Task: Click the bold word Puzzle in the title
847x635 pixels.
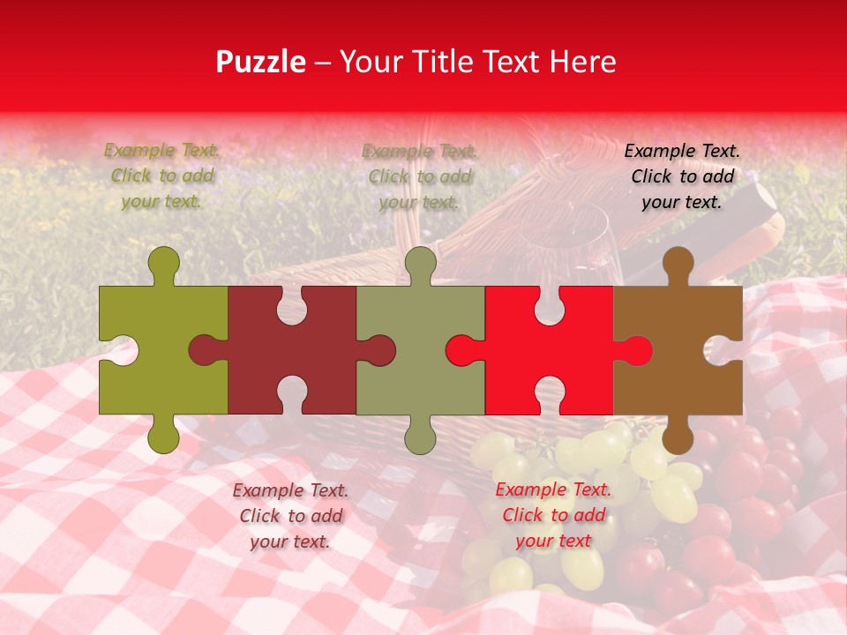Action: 261,62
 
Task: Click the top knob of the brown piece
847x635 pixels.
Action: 678,265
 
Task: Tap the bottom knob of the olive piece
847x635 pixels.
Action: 163,437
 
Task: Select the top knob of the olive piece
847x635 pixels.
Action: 163,263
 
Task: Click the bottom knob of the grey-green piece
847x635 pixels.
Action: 420,437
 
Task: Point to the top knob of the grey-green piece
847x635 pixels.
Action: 420,263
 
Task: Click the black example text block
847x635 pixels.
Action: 682,176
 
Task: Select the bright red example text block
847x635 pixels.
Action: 553,515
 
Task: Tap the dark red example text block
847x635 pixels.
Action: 290,516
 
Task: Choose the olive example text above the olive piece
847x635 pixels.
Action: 162,176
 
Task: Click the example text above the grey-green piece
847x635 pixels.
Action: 420,176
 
